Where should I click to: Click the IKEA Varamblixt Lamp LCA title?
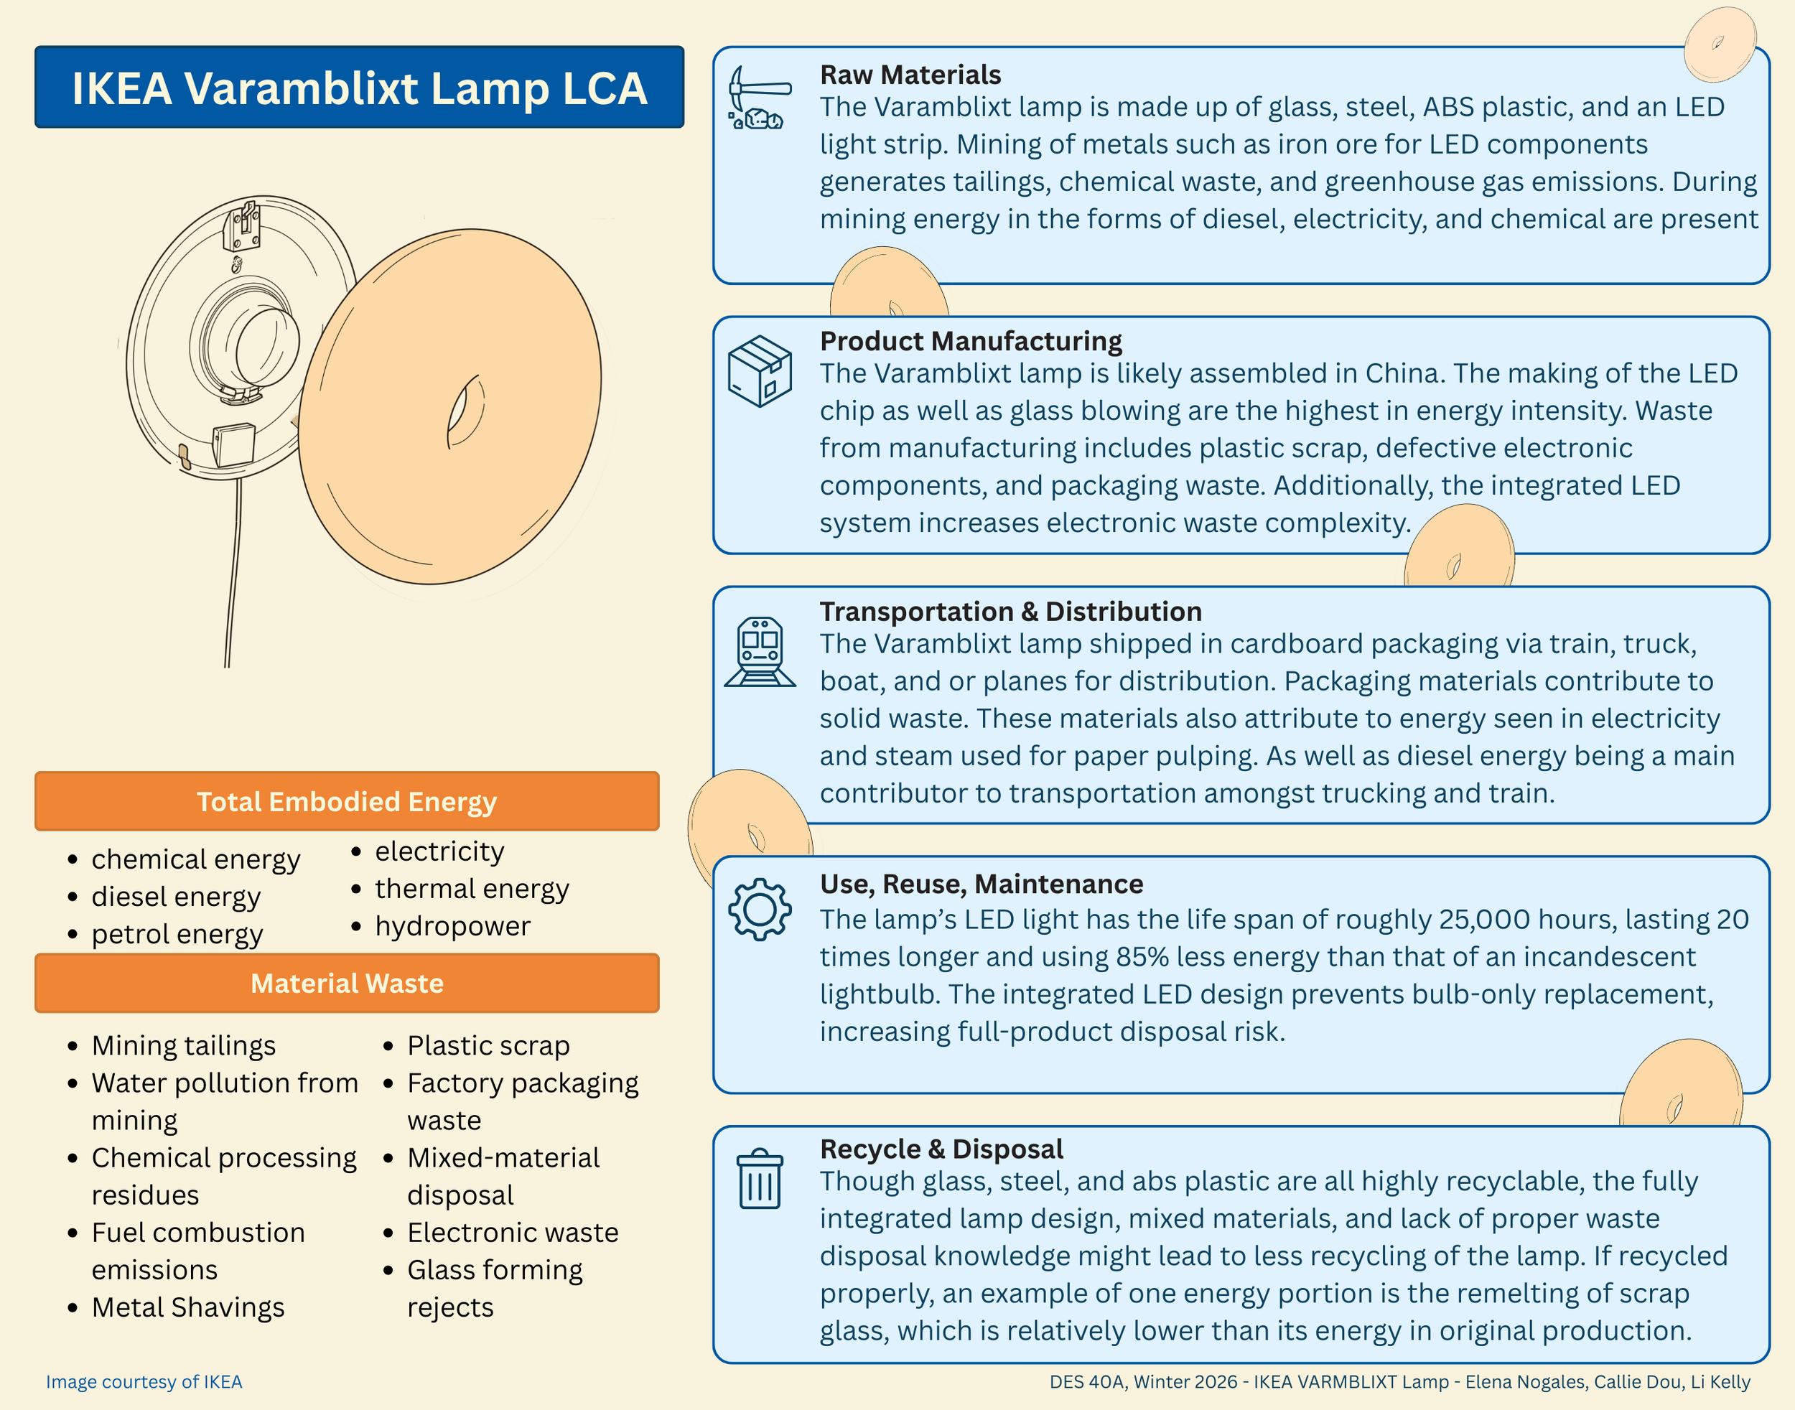(359, 88)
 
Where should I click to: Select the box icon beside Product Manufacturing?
(760, 370)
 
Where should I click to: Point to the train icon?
(760, 651)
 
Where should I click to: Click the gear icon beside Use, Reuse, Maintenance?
(760, 909)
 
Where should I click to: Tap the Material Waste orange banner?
(347, 984)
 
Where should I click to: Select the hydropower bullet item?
(452, 926)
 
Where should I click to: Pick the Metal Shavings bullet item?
(188, 1307)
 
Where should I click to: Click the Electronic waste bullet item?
(513, 1233)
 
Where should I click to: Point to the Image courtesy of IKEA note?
(144, 1382)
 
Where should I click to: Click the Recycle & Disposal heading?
(941, 1149)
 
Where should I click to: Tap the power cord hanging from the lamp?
(233, 578)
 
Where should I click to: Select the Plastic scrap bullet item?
(488, 1046)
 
